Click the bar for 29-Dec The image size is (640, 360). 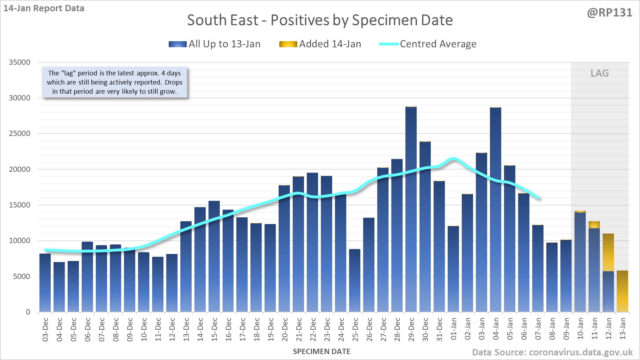click(411, 210)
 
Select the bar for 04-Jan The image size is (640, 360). click(496, 210)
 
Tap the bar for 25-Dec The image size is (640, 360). click(355, 281)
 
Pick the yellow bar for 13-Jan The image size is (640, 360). click(622, 291)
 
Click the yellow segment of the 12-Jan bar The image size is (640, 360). click(608, 252)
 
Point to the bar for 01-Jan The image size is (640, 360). click(453, 269)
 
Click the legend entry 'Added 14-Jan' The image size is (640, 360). click(320, 44)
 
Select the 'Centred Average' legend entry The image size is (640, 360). click(428, 44)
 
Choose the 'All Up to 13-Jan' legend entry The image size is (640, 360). click(215, 44)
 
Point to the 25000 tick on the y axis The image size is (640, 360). click(20, 134)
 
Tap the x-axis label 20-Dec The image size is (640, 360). click(285, 329)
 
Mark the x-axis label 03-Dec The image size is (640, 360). click(45, 329)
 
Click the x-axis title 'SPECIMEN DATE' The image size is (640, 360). click(322, 352)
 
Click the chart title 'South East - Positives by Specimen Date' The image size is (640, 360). click(320, 20)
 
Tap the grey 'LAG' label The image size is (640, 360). click(599, 73)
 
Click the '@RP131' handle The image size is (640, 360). click(610, 13)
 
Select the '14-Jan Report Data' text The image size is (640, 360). click(44, 8)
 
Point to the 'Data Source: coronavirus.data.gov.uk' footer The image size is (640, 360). click(552, 352)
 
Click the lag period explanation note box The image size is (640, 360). click(114, 82)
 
